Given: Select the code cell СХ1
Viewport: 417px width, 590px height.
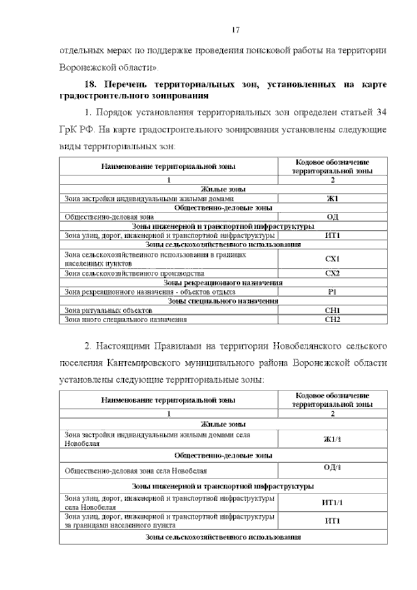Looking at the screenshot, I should [332, 259].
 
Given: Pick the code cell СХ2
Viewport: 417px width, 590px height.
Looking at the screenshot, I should [332, 273].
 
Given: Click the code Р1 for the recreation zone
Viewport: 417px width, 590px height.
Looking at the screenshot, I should [332, 291].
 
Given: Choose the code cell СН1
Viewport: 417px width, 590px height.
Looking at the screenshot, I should [332, 310].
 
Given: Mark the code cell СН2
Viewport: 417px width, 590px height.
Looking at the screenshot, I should [332, 319].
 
